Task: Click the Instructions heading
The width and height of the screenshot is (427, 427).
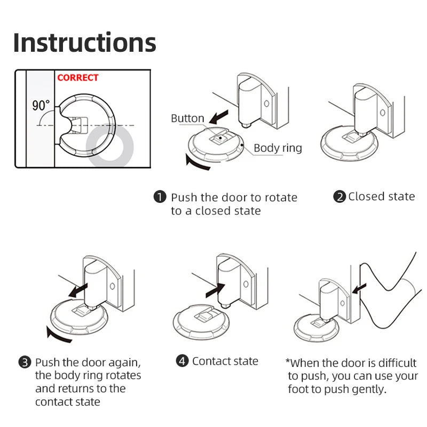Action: pos(84,43)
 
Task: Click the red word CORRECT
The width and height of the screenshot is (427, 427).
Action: pos(78,77)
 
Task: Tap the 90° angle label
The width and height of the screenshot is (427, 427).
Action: pos(41,105)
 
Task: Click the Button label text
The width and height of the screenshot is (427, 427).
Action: pos(187,118)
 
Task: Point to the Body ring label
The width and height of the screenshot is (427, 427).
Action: pos(278,148)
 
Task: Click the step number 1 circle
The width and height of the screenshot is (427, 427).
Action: pos(160,197)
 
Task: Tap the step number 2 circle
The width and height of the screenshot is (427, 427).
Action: pos(339,196)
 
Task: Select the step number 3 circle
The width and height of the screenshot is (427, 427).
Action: pos(25,362)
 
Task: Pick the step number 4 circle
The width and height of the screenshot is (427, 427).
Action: pos(183,361)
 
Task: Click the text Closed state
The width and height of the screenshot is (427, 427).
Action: pos(381,196)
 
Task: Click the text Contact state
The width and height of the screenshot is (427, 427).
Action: pos(225,361)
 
